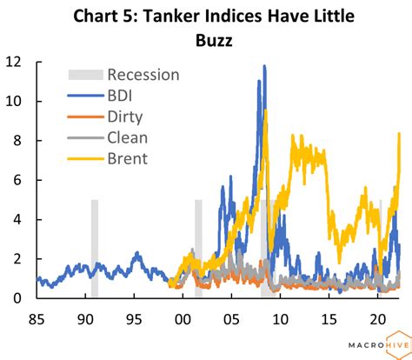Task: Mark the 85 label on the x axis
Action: point(37,318)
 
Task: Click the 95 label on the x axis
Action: point(134,318)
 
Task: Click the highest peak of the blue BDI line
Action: point(264,66)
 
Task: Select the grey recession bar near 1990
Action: point(94,248)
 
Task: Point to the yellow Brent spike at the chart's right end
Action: point(398,134)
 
